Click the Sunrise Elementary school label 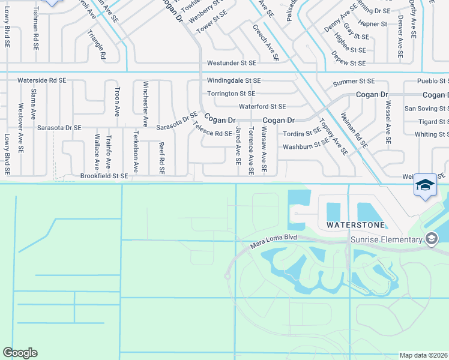(387, 241)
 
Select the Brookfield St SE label (104, 176)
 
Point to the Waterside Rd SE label (41, 80)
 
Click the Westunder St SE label (231, 62)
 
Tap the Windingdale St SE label (234, 80)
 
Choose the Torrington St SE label (231, 94)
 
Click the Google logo (20, 353)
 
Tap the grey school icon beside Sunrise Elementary (431, 239)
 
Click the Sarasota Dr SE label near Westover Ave (59, 128)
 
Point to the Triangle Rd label (97, 45)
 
